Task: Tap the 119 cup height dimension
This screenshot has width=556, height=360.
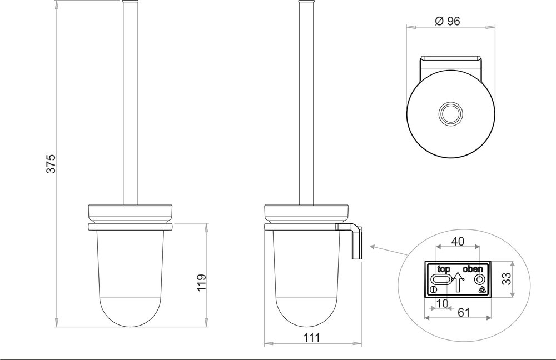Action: (201, 282)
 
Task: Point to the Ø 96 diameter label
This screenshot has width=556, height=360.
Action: (448, 21)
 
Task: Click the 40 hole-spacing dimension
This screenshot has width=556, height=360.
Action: (457, 242)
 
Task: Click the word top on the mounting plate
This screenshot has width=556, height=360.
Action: (443, 269)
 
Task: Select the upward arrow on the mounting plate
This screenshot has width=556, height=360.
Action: (458, 282)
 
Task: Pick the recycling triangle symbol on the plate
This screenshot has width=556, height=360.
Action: (481, 290)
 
